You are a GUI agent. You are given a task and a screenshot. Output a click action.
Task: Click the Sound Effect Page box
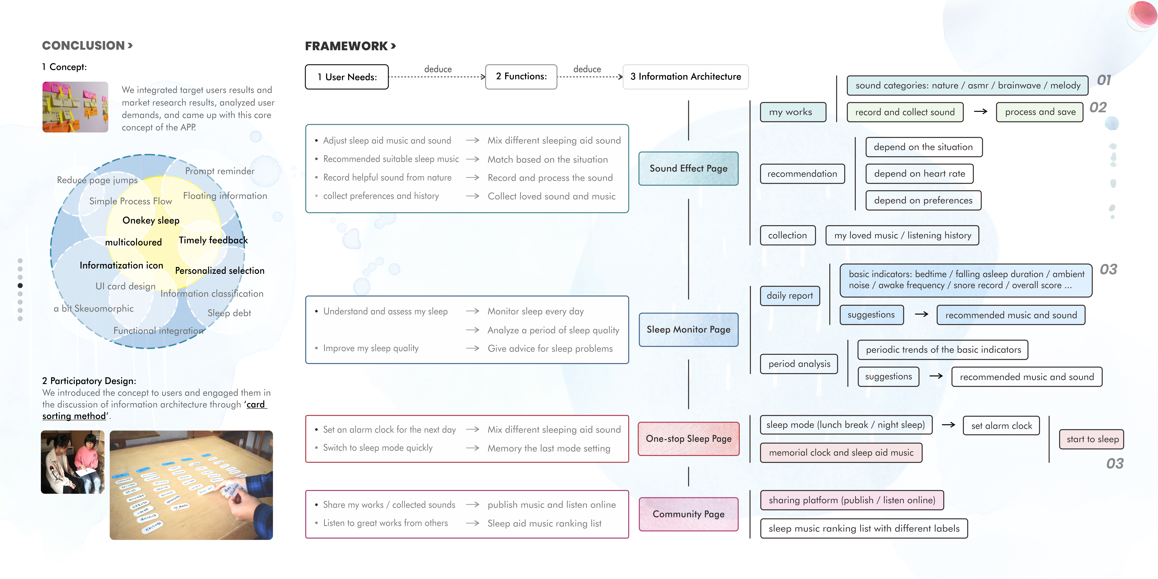point(688,169)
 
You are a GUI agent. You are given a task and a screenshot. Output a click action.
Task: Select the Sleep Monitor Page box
point(688,330)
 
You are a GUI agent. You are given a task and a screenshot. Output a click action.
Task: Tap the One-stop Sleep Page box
point(688,439)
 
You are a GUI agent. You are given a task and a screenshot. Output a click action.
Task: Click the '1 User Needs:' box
point(347,77)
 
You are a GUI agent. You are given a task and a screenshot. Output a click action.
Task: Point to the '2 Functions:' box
point(521,76)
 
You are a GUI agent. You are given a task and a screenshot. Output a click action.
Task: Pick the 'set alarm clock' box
point(1001,426)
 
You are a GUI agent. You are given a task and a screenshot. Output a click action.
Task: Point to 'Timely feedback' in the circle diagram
point(213,240)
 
